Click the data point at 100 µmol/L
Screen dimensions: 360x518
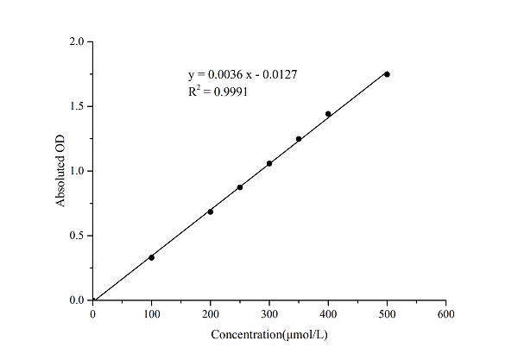152,257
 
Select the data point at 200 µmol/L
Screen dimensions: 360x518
211,212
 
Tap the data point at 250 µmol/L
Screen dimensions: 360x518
240,186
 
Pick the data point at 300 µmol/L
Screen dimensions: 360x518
269,163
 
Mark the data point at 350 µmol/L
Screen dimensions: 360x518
299,139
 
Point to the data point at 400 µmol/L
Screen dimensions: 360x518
328,114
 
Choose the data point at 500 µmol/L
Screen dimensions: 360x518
387,74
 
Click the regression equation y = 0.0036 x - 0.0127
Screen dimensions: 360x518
243,75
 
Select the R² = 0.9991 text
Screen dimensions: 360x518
218,92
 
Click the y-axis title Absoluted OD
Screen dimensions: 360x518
60,172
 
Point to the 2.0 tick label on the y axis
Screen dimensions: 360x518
78,41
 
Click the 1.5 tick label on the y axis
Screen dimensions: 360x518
78,106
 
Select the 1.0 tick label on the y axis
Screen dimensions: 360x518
78,171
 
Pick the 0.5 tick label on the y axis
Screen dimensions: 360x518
78,236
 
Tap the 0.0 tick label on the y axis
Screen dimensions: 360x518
78,300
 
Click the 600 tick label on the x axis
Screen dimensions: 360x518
445,313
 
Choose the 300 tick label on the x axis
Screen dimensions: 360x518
269,313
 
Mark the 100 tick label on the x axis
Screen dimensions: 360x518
152,313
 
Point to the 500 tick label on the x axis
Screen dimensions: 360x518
387,313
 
